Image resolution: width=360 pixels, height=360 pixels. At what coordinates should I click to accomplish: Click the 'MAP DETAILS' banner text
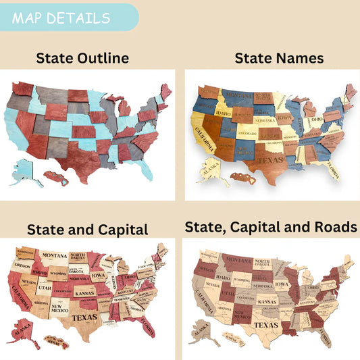click(61, 17)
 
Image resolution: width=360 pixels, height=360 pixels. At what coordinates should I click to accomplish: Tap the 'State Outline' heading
click(82, 58)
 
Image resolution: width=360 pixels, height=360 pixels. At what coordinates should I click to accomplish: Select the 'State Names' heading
click(279, 59)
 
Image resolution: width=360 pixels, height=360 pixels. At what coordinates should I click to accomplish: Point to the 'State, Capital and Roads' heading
click(271, 228)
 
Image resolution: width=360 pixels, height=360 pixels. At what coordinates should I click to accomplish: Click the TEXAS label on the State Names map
click(269, 161)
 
